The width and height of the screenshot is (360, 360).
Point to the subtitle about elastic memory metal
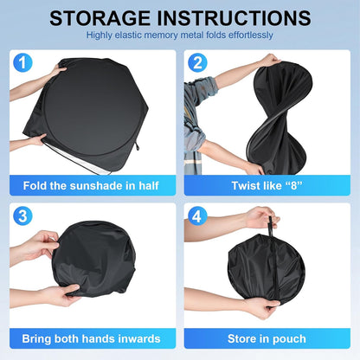[x=180, y=35]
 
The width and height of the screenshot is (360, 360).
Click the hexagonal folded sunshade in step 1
[x=91, y=112]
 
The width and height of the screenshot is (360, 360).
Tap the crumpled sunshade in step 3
[x=95, y=260]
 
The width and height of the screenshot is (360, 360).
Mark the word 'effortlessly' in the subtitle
[x=248, y=35]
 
